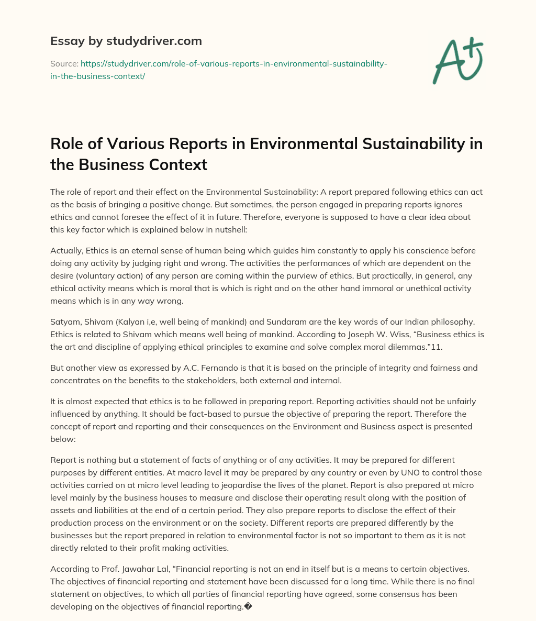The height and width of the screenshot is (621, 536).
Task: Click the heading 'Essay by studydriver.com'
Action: coord(126,41)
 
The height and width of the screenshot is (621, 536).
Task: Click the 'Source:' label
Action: coord(64,63)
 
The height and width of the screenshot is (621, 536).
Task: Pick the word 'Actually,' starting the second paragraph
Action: coord(66,250)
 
